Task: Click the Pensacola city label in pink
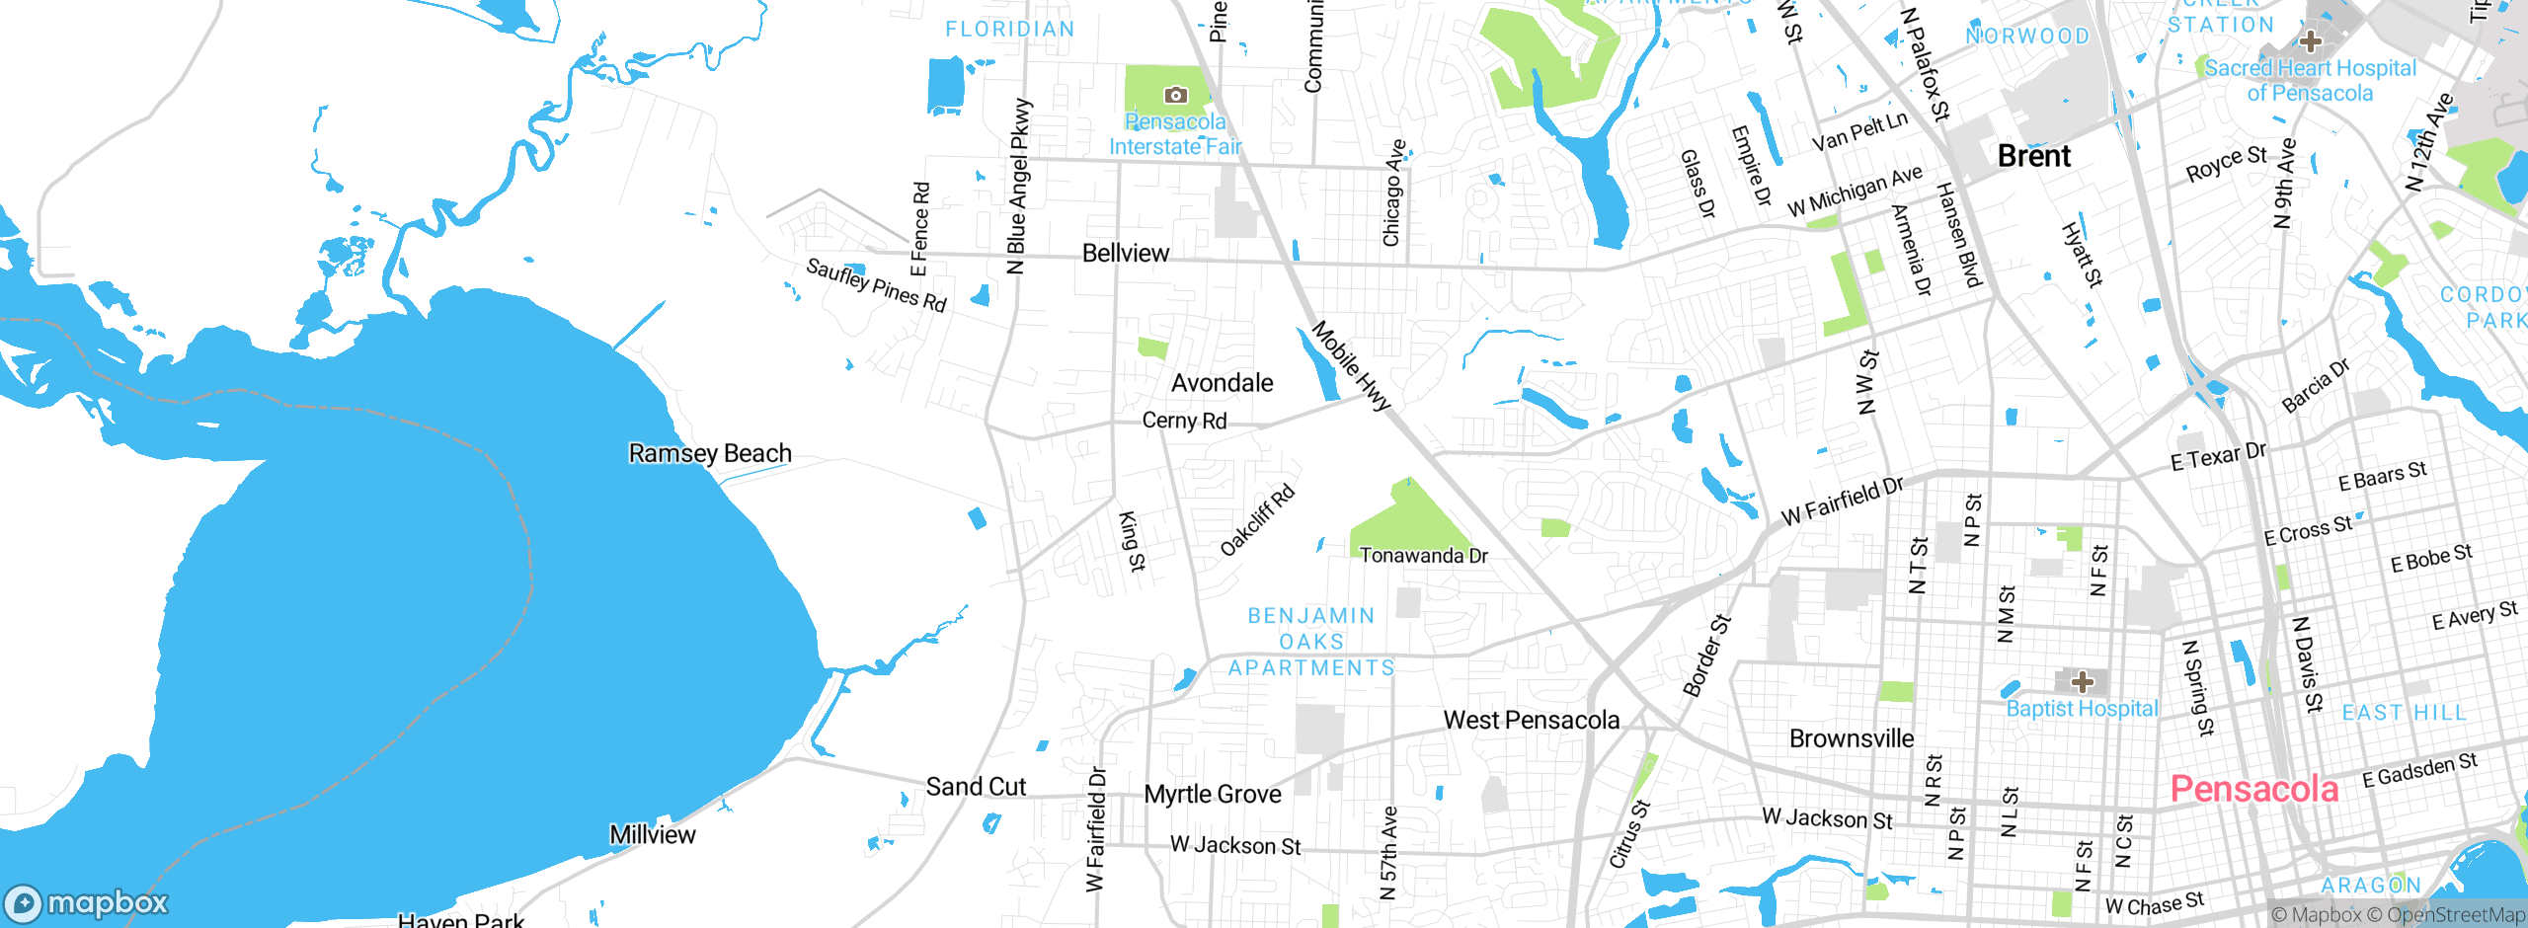pyautogui.click(x=2253, y=789)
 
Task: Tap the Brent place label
pyautogui.click(x=2033, y=156)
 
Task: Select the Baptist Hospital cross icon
pyautogui.click(x=2083, y=682)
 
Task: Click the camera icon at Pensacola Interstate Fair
pyautogui.click(x=1175, y=95)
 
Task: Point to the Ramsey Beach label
pyautogui.click(x=710, y=453)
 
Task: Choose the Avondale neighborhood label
pyautogui.click(x=1222, y=383)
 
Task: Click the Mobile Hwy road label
pyautogui.click(x=1350, y=365)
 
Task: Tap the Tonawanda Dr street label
pyautogui.click(x=1423, y=556)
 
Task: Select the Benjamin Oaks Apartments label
pyautogui.click(x=1311, y=642)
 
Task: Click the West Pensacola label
pyautogui.click(x=1531, y=721)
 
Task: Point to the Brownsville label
pyautogui.click(x=1851, y=738)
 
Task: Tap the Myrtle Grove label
pyautogui.click(x=1212, y=795)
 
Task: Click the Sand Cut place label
pyautogui.click(x=976, y=787)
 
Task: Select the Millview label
pyautogui.click(x=652, y=835)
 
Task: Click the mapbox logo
pyautogui.click(x=87, y=903)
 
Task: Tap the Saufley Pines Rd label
pyautogui.click(x=876, y=284)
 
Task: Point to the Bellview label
pyautogui.click(x=1125, y=254)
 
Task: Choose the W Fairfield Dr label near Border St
pyautogui.click(x=1842, y=502)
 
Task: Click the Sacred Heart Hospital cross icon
pyautogui.click(x=2310, y=41)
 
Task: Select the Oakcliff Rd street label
pyautogui.click(x=1257, y=520)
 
